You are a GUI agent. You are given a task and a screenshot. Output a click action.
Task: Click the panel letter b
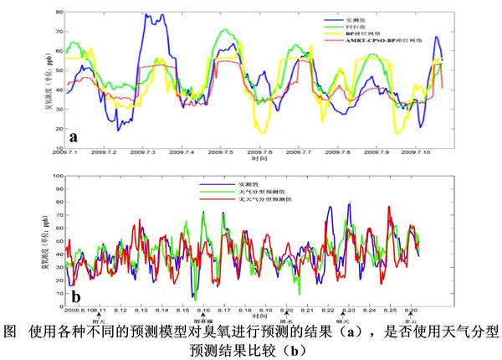(74, 294)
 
